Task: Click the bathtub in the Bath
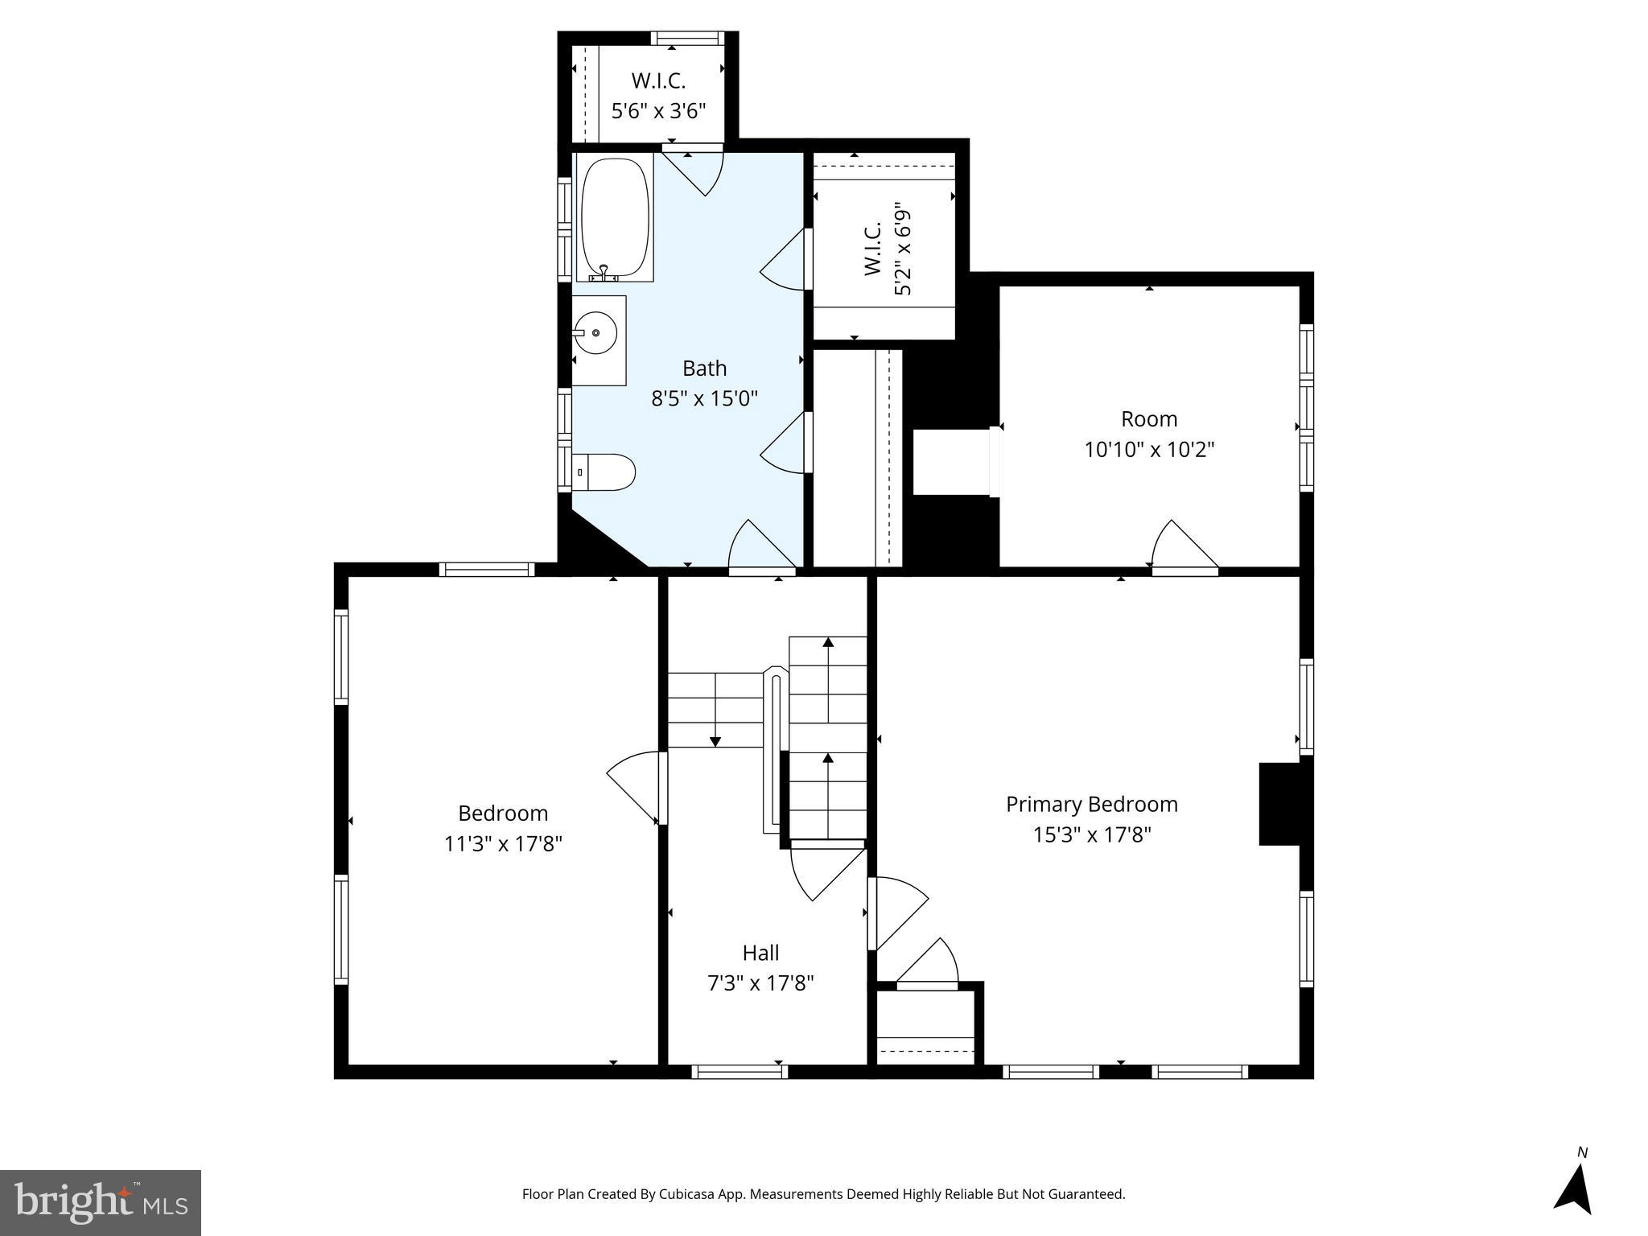coord(615,217)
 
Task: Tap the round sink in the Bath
coord(596,332)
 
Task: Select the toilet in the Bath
coord(605,472)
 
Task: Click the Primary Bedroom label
coord(1091,804)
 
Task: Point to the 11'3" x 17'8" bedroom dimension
coord(503,843)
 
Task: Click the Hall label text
coord(760,953)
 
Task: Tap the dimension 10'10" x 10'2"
coord(1148,449)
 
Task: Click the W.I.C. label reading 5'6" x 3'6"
coord(658,111)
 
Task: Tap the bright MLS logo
coord(100,1202)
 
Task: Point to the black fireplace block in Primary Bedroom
coord(1280,804)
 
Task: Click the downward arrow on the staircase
coord(715,740)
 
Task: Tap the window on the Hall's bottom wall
coord(740,1071)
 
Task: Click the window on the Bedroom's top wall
coord(487,570)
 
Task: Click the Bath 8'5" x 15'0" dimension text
coord(704,398)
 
